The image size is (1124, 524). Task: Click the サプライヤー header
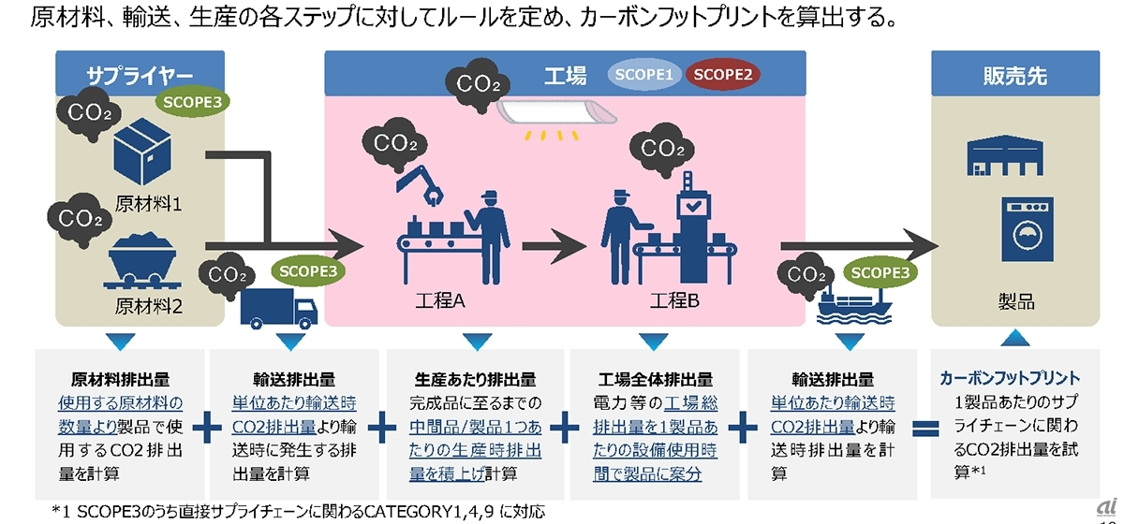point(140,74)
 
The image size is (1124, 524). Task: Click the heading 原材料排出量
point(120,380)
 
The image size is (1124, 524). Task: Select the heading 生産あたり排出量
point(475,380)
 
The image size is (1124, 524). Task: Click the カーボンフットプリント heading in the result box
point(1010,379)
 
